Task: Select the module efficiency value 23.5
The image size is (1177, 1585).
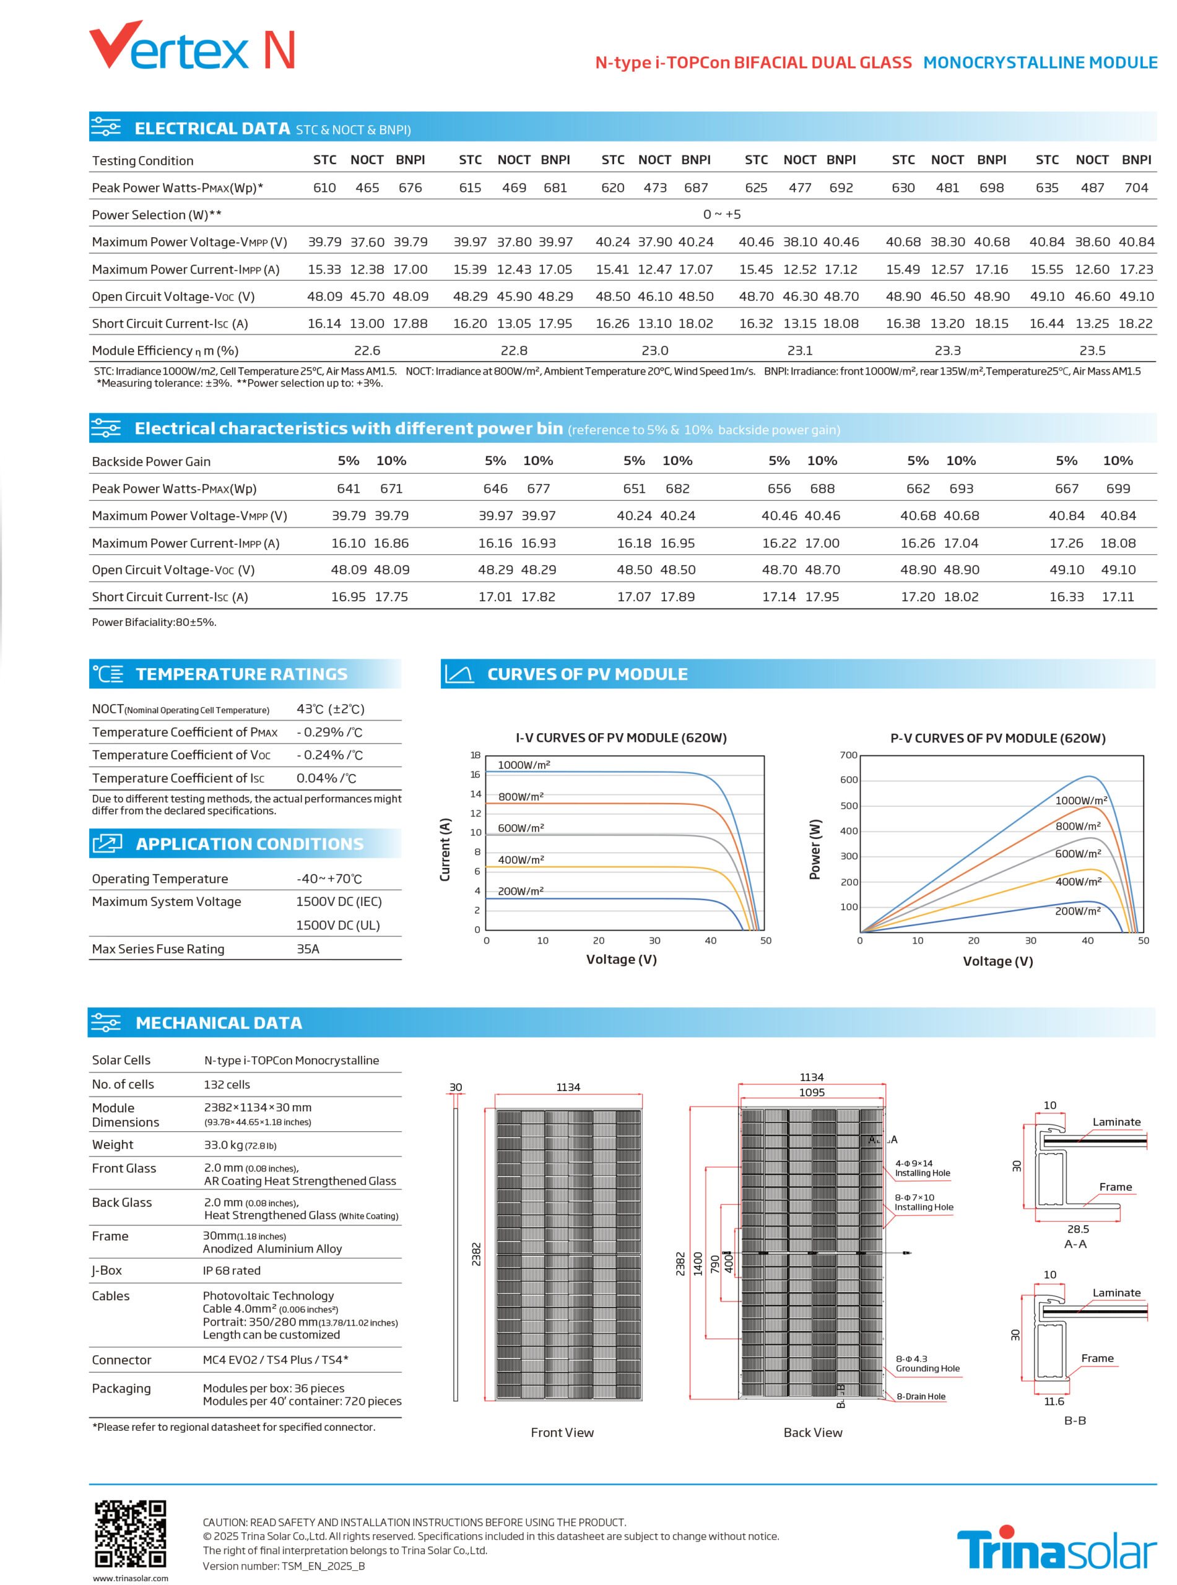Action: coord(1092,350)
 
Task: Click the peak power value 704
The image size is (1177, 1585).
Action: coord(1136,188)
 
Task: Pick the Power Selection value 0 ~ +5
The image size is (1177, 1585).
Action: coord(722,214)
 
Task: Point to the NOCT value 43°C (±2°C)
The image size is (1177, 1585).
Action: coord(331,709)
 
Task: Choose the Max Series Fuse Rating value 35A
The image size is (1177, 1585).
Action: coord(308,949)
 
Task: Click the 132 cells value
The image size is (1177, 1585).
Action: coord(227,1084)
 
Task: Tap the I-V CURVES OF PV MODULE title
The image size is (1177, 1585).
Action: coord(620,737)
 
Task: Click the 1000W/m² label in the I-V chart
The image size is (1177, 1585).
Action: coord(524,765)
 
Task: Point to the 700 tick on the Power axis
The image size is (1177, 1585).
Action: coord(849,755)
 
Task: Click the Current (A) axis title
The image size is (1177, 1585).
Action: coord(445,849)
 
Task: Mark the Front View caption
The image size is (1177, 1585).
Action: coord(562,1432)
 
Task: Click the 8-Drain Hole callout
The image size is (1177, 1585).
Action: coord(921,1396)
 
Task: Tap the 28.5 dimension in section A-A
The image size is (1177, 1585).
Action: coord(1078,1229)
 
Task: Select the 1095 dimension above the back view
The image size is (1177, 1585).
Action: coord(812,1092)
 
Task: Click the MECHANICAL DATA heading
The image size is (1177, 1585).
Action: coord(219,1023)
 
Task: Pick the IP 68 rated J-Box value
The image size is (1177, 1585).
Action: coord(232,1270)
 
